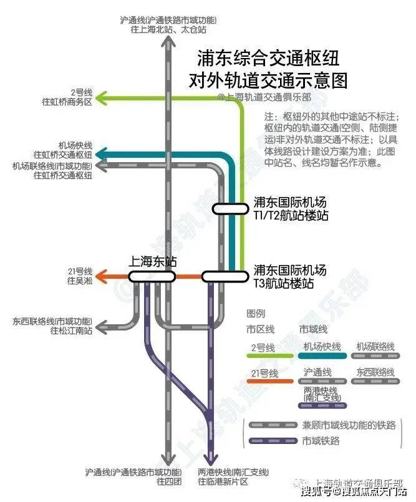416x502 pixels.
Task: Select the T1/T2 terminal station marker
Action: coord(230,209)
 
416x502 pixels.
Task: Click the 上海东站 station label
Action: coord(152,262)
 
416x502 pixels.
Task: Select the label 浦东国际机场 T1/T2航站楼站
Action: coord(290,209)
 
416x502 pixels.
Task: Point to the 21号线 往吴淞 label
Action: coord(79,276)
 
